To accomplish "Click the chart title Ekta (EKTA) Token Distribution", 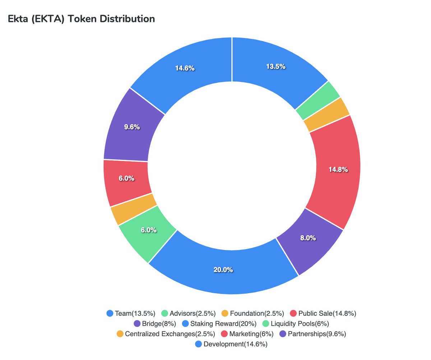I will (x=81, y=19).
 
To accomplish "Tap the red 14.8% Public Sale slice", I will (x=338, y=170).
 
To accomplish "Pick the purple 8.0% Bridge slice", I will (x=308, y=238).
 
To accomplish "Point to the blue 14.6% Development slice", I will (x=185, y=68).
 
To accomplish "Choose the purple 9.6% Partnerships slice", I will (x=132, y=127).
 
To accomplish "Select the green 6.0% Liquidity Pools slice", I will (x=148, y=230).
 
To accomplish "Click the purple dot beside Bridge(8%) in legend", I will (x=136, y=324).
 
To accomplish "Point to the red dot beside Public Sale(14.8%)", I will (x=293, y=313).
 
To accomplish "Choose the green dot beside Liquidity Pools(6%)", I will (x=266, y=324).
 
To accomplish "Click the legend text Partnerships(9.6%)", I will (x=317, y=334).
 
